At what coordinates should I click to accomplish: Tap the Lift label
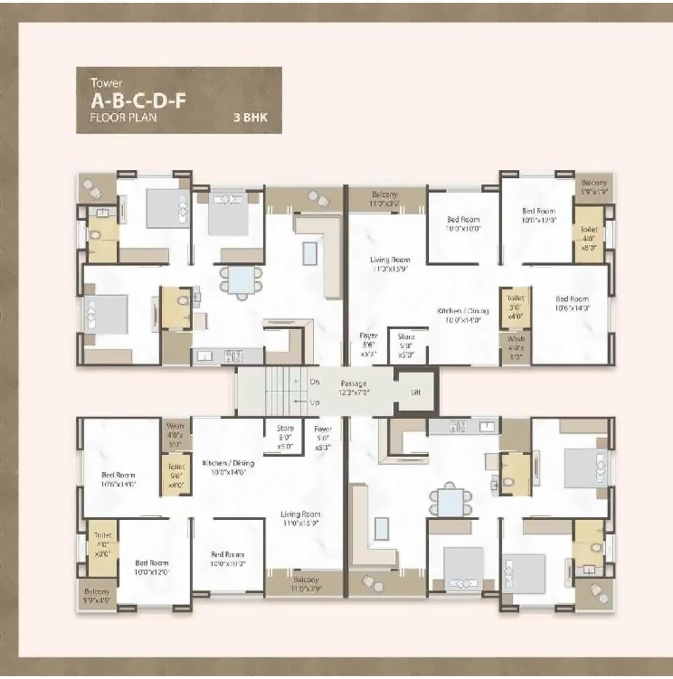pos(416,392)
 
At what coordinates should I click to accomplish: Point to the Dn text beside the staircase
pos(314,382)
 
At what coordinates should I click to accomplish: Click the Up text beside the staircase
pos(314,403)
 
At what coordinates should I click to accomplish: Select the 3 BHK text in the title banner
pos(250,117)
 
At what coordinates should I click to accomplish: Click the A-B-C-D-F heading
pos(138,101)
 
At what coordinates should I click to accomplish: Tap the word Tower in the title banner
pos(106,83)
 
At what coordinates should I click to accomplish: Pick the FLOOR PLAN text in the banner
pos(123,117)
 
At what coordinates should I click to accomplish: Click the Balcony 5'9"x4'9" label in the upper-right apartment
pos(593,187)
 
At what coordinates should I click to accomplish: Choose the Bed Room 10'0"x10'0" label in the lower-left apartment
pos(227,559)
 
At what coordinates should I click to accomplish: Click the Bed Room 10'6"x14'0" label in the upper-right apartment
pos(572,303)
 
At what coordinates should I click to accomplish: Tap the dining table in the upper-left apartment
pos(239,281)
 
